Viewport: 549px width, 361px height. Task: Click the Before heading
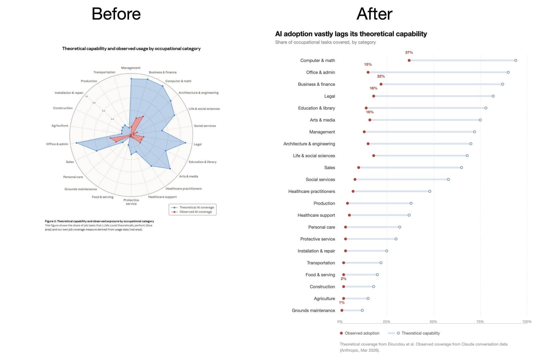(x=116, y=14)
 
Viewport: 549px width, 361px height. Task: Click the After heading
(x=374, y=14)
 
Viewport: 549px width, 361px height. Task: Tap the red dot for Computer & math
(x=409, y=60)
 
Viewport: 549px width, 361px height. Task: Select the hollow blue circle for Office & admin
(x=508, y=72)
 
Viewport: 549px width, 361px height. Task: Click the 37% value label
(x=409, y=53)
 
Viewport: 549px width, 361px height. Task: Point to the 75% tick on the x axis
(x=480, y=322)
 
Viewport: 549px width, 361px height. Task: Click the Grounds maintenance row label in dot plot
(x=313, y=311)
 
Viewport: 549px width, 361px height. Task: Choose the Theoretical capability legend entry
(x=420, y=333)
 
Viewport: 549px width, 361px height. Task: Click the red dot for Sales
(x=359, y=167)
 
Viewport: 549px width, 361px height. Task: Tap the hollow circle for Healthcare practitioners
(x=430, y=191)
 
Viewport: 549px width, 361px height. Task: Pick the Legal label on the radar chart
(x=198, y=144)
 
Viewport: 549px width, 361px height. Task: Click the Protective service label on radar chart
(x=131, y=202)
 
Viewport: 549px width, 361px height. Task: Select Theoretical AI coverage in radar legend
(x=196, y=207)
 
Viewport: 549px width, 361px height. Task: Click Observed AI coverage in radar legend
(x=195, y=212)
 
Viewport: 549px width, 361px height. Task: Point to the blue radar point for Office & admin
(x=76, y=143)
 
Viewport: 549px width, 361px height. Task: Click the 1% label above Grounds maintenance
(x=342, y=302)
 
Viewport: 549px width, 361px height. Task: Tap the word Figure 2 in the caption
(x=50, y=221)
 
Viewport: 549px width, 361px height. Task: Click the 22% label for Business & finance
(x=381, y=76)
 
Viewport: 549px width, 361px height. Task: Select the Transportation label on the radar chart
(x=104, y=72)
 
